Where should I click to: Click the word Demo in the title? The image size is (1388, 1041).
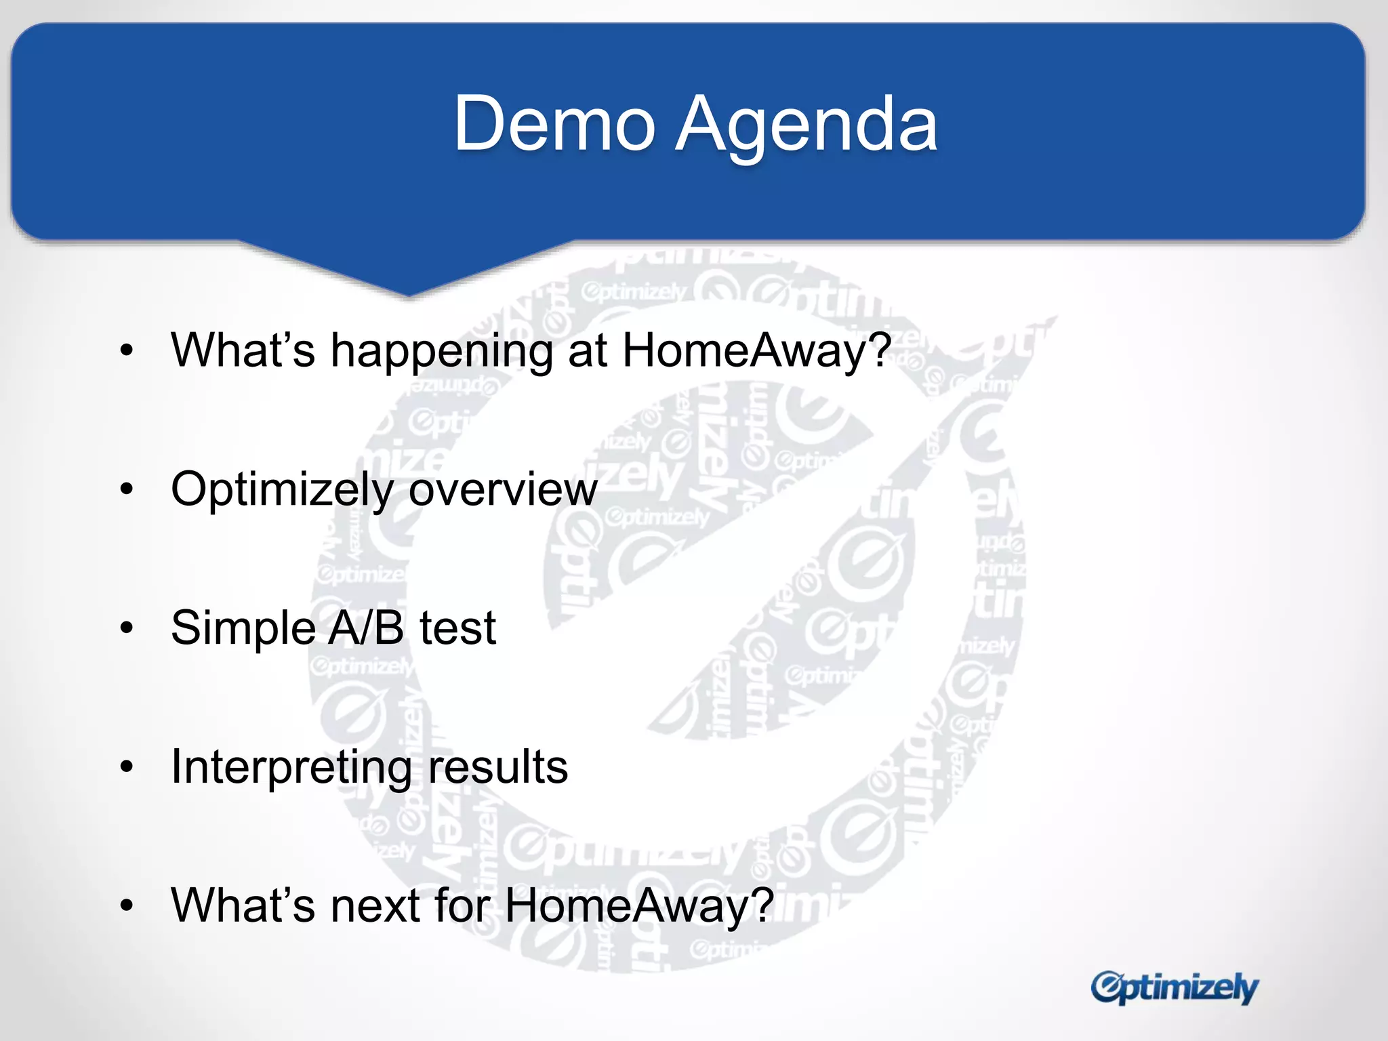coord(554,124)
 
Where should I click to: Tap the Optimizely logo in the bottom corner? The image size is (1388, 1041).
coord(1174,988)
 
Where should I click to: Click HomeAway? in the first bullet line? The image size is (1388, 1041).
coord(756,351)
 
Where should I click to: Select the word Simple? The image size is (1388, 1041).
coord(243,628)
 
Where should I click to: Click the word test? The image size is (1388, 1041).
coord(458,628)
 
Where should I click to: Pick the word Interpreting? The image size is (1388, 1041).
coord(291,768)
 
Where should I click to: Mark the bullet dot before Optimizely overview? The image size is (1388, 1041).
coord(127,489)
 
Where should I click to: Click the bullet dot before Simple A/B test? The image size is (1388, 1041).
coord(127,628)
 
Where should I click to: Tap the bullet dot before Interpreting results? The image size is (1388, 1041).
coord(127,767)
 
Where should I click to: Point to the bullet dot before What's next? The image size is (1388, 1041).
coord(127,905)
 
